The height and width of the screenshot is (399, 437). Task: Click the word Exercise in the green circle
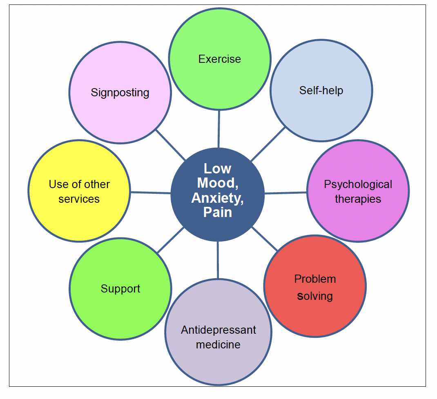[219, 59]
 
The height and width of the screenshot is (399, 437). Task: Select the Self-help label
[321, 90]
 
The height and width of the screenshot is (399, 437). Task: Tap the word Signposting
[120, 93]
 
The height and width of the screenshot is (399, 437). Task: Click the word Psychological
[358, 184]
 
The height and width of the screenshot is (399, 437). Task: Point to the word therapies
[358, 199]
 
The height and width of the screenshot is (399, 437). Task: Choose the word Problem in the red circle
[315, 279]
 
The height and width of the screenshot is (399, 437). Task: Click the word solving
[315, 296]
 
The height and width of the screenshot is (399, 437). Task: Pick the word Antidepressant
[218, 330]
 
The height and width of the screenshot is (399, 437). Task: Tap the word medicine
[218, 344]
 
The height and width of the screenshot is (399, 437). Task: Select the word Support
[120, 289]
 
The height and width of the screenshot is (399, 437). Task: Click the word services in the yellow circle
[79, 199]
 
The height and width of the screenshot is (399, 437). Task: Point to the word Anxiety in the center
[217, 198]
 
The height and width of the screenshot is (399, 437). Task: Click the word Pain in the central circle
[217, 212]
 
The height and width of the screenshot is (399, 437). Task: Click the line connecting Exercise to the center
[219, 129]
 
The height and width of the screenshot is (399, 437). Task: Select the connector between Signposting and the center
[170, 145]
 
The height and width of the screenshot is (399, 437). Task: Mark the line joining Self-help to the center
[268, 144]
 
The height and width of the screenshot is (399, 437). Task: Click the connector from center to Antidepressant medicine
[218, 260]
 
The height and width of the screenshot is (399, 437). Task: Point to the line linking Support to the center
[170, 240]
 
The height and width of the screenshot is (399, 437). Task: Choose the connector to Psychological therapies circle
[285, 193]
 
